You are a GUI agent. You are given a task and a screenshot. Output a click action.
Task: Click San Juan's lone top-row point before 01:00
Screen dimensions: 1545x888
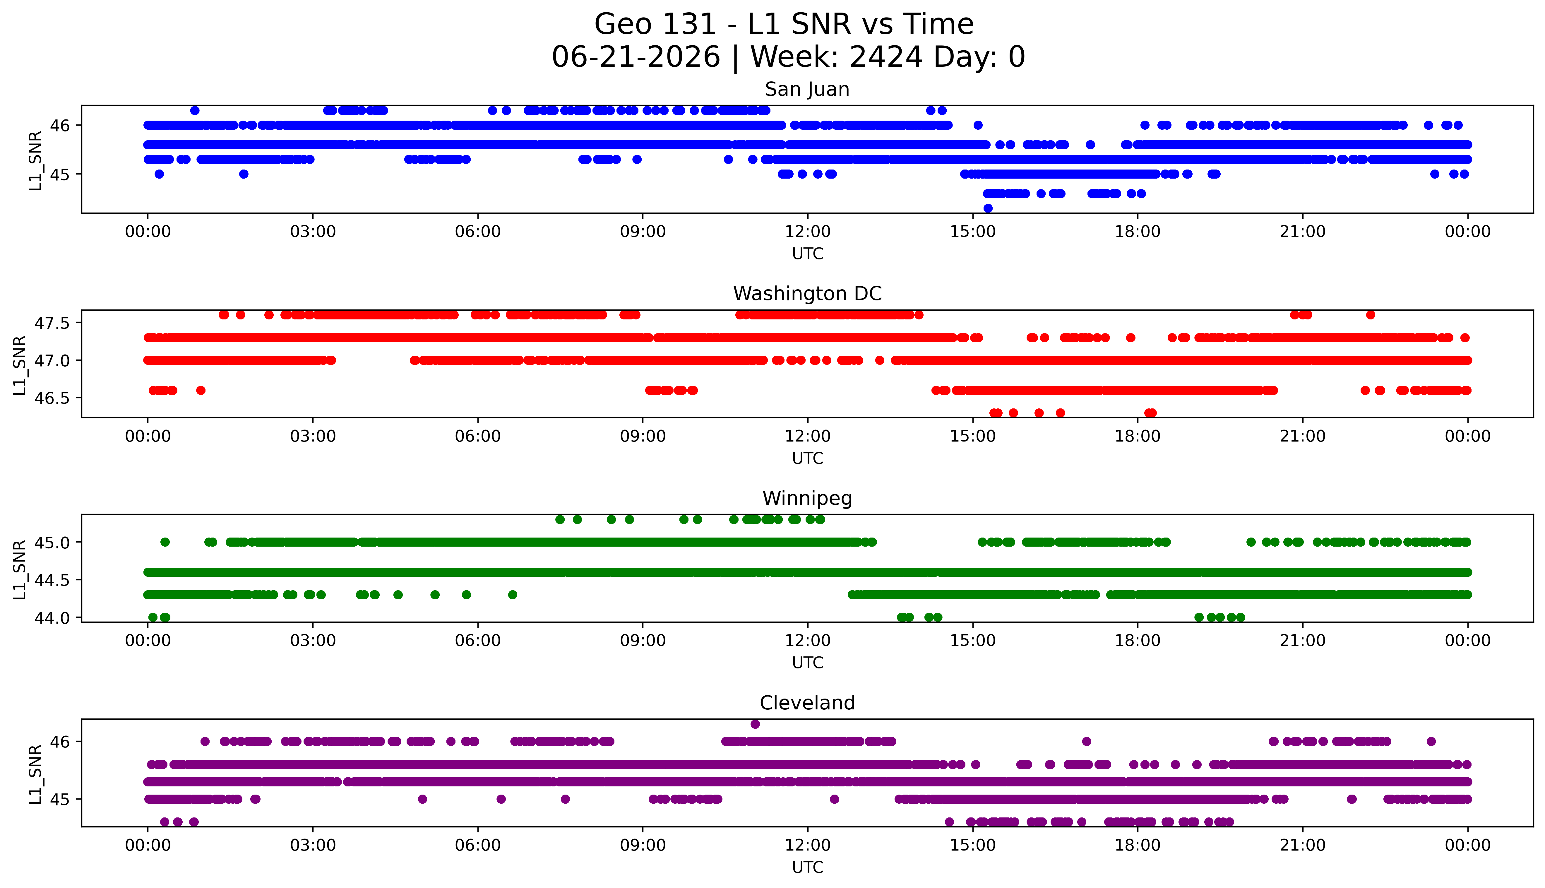click(x=194, y=110)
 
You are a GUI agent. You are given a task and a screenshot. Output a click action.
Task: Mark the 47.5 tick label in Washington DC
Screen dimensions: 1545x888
click(x=52, y=323)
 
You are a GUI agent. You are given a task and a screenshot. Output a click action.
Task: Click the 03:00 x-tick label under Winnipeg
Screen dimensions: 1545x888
click(x=313, y=641)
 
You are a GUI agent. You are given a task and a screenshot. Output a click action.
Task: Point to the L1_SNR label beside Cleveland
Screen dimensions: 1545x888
click(x=35, y=774)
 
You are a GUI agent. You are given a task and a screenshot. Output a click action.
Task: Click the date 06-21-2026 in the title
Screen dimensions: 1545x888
click(x=636, y=57)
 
